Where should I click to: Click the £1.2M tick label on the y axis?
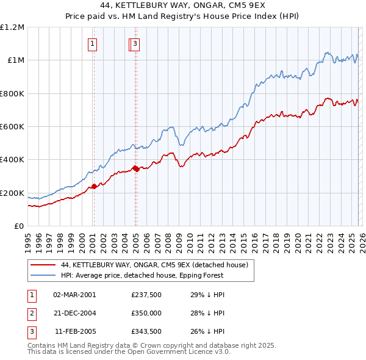point(12,27)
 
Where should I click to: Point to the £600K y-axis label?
point(12,126)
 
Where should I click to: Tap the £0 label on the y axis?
point(20,226)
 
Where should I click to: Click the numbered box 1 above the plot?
point(92,43)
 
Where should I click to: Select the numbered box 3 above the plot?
point(135,43)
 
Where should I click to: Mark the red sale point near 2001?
point(94,187)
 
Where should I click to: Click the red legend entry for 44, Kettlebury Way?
point(154,265)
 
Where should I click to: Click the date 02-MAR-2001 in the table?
point(74,295)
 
